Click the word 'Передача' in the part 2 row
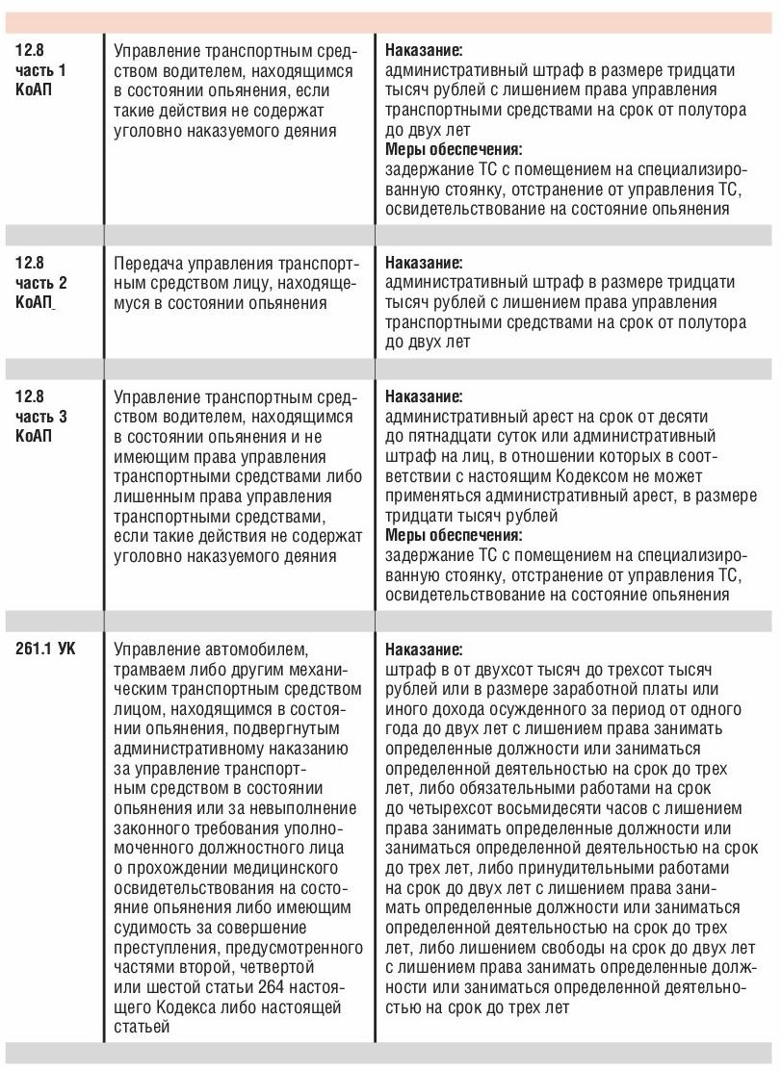tap(146, 264)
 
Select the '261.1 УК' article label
tap(45, 649)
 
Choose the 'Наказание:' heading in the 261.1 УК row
tap(424, 649)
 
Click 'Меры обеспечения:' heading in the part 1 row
tap(454, 149)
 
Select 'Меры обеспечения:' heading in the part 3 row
tap(454, 535)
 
